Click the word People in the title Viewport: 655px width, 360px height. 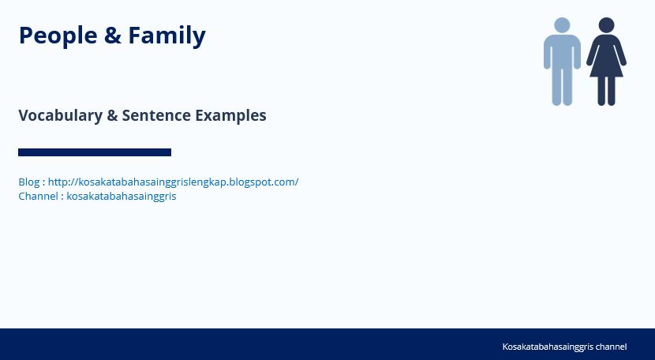click(x=58, y=36)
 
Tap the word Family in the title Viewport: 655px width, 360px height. click(x=167, y=36)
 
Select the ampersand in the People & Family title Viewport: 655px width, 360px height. click(x=113, y=35)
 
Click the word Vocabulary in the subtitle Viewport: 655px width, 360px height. click(x=61, y=115)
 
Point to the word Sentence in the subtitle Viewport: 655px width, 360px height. click(x=156, y=115)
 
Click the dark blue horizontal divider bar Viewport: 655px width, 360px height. click(x=95, y=152)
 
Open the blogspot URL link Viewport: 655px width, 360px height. click(x=174, y=182)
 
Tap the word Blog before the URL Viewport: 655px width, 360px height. click(x=29, y=182)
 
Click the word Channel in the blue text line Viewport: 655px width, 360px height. click(x=38, y=196)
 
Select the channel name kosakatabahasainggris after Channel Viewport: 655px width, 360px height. click(x=122, y=196)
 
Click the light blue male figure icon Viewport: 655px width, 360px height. click(x=562, y=62)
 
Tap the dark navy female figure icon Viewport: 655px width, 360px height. click(x=606, y=62)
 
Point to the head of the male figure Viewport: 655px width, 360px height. click(x=562, y=25)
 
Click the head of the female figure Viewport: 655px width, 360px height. click(x=606, y=25)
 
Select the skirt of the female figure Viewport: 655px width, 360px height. click(x=606, y=67)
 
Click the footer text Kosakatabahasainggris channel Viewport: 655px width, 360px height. click(x=564, y=347)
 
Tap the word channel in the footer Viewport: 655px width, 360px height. click(x=611, y=347)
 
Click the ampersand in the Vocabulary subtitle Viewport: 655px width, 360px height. click(x=112, y=115)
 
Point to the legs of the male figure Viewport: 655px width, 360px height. click(x=562, y=88)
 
